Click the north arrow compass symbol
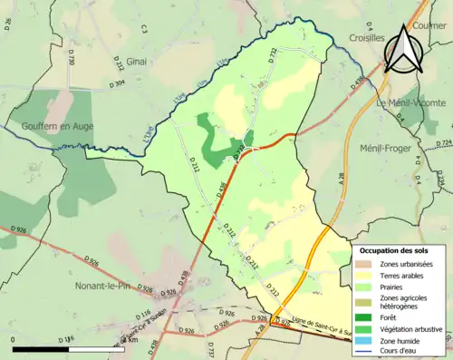404,50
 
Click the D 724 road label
443,143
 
